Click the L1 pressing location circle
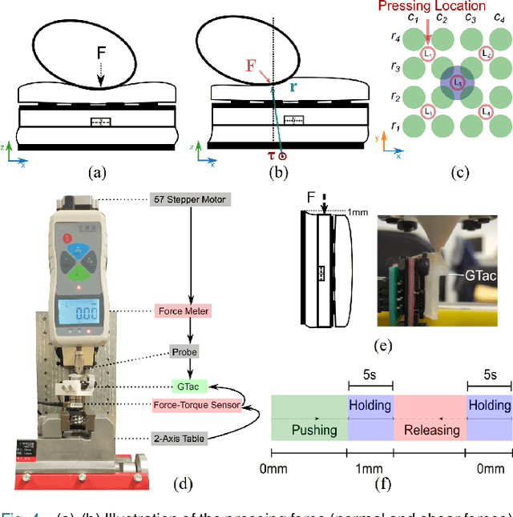[x=429, y=54]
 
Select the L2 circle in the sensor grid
[x=486, y=54]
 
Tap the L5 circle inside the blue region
[x=457, y=82]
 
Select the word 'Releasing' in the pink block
[x=430, y=430]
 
